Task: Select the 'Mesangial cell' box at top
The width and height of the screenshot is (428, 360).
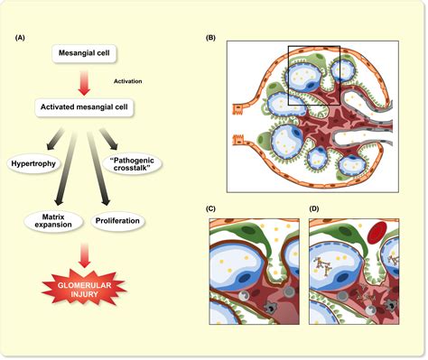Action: coord(84,55)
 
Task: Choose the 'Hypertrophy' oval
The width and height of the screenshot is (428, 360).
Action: coord(33,163)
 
